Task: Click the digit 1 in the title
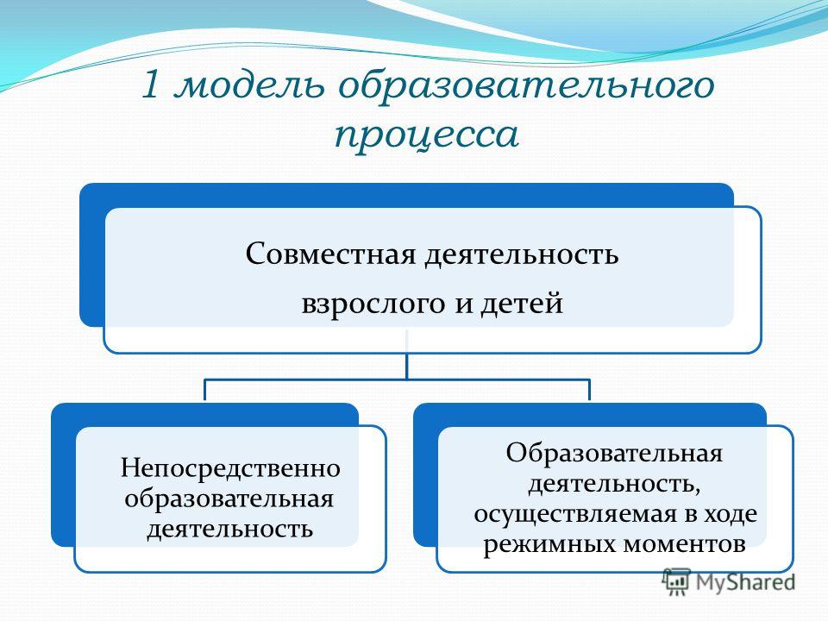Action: pyautogui.click(x=150, y=85)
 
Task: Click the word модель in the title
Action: pyautogui.click(x=249, y=85)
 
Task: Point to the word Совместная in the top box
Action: pyautogui.click(x=331, y=254)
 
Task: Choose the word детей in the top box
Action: pyautogui.click(x=522, y=304)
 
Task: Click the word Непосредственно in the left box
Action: pyautogui.click(x=230, y=467)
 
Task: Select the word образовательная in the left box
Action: pyautogui.click(x=229, y=498)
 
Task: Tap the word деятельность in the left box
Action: pyautogui.click(x=229, y=529)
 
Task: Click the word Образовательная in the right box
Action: pyautogui.click(x=614, y=453)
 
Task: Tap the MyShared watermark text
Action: pyautogui.click(x=745, y=581)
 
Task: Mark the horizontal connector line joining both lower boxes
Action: pyautogui.click(x=397, y=379)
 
